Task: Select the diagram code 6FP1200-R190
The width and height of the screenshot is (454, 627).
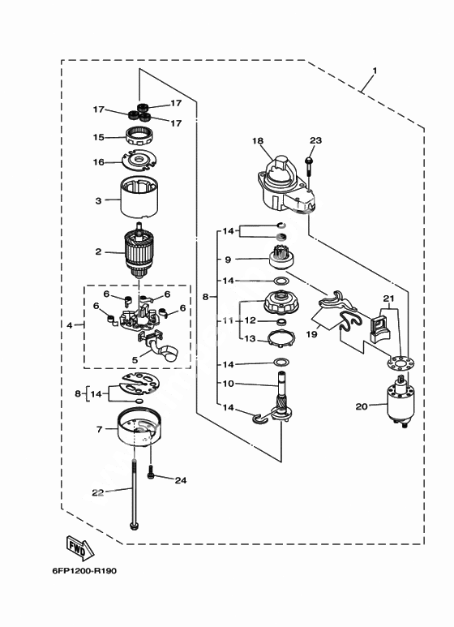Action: pyautogui.click(x=84, y=570)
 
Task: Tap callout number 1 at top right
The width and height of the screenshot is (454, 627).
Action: pyautogui.click(x=375, y=71)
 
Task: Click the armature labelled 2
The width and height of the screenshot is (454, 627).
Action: pyautogui.click(x=139, y=251)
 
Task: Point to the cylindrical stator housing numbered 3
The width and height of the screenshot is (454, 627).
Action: pyautogui.click(x=139, y=198)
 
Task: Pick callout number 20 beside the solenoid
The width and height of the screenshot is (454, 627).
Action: pyautogui.click(x=362, y=406)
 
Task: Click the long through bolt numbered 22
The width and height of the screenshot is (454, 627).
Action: pyautogui.click(x=135, y=494)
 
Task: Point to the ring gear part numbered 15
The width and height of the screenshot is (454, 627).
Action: pyautogui.click(x=140, y=137)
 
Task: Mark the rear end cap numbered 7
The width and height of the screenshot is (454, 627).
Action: pyautogui.click(x=139, y=427)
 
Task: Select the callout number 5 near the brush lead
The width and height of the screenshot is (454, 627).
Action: pyautogui.click(x=135, y=360)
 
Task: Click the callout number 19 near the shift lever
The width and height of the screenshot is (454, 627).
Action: pyautogui.click(x=311, y=333)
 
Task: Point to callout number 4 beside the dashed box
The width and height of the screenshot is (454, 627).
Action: pyautogui.click(x=70, y=325)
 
